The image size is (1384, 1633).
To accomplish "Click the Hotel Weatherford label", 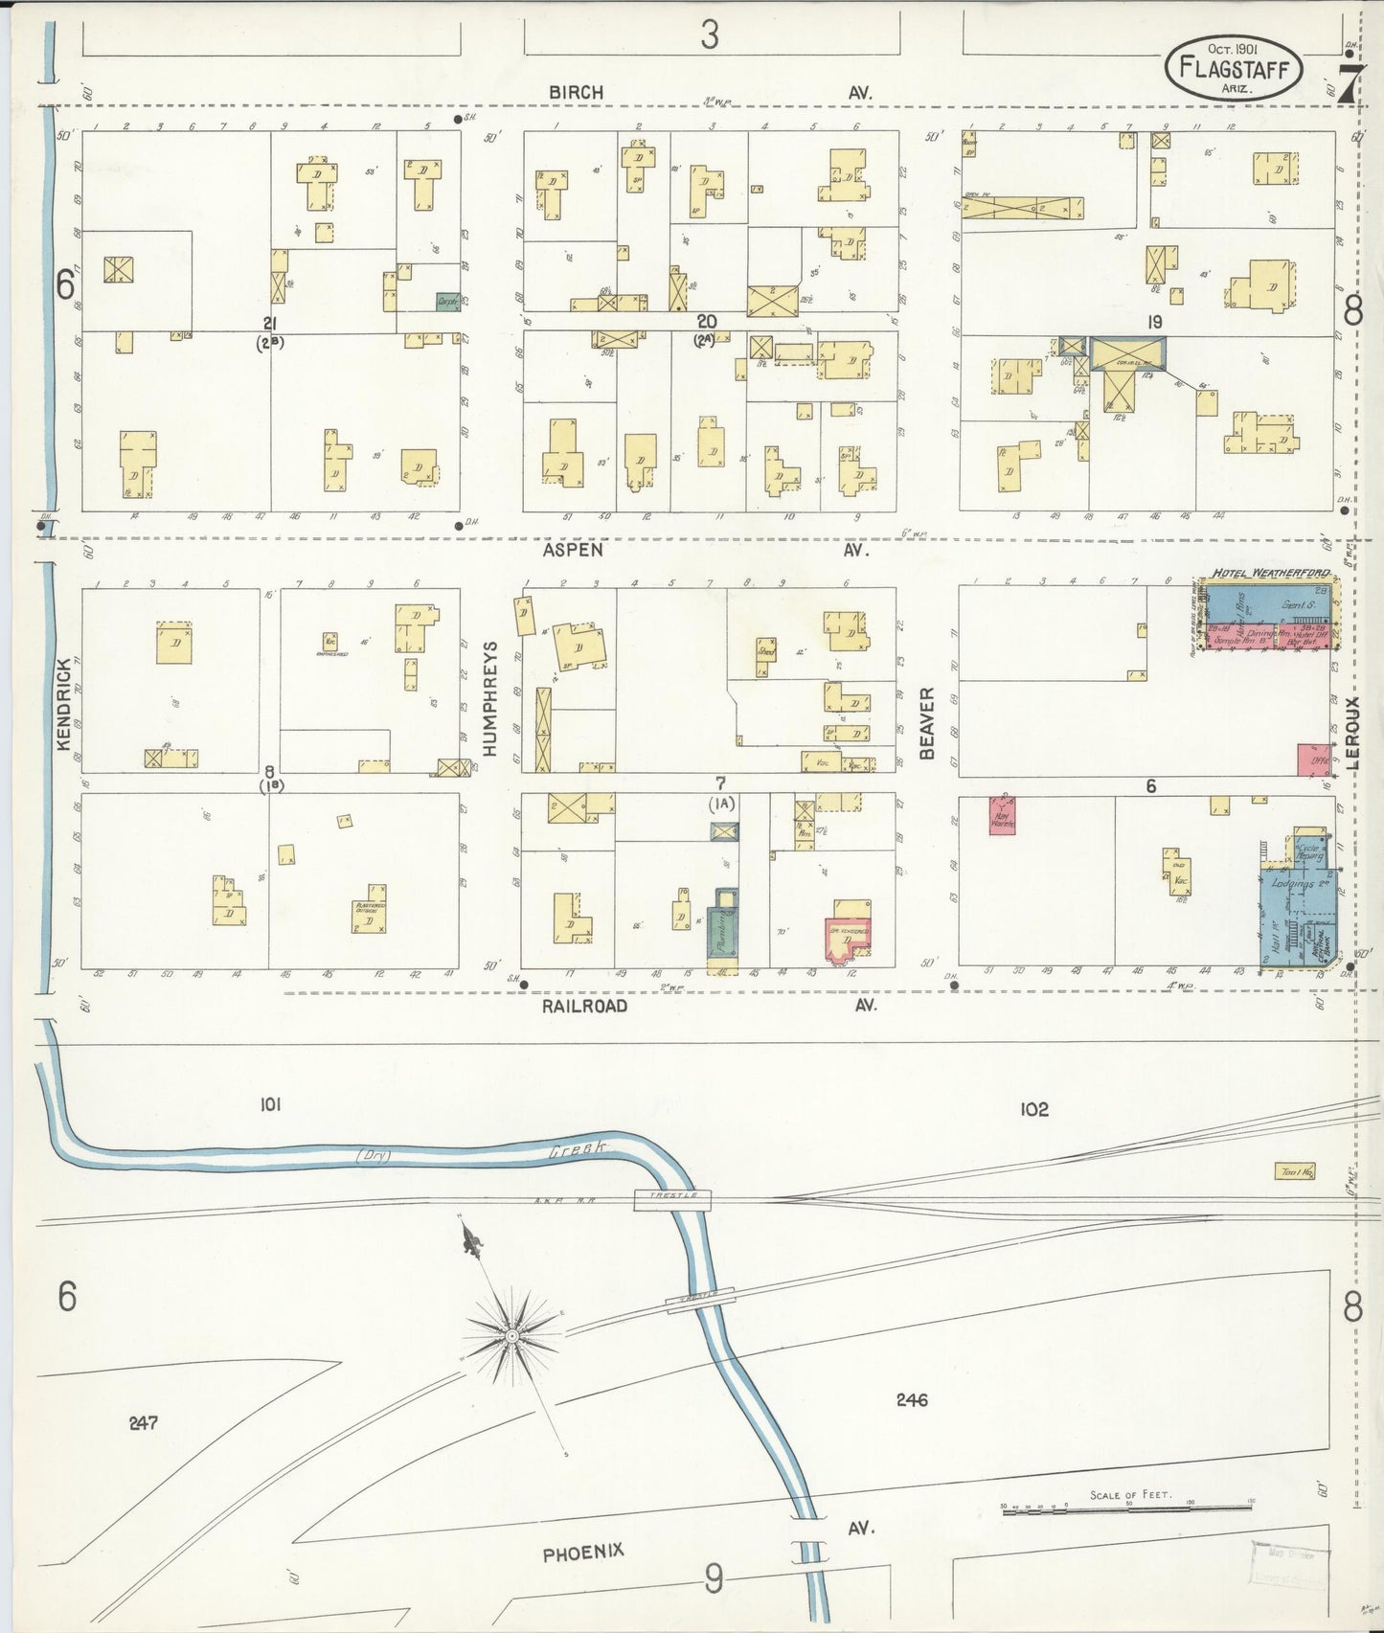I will coord(1270,574).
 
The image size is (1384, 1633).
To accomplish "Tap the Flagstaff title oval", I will coord(1234,68).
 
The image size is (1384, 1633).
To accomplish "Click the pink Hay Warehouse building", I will coord(1002,814).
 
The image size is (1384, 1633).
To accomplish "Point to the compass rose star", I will coord(512,1335).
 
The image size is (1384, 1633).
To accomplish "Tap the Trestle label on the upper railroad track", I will coord(672,1197).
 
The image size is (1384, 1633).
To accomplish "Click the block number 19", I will coord(1154,323).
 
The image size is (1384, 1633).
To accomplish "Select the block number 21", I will coord(271,323).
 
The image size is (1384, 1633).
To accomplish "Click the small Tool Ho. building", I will coord(1294,1170).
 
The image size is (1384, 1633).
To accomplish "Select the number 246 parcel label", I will coord(911,1400).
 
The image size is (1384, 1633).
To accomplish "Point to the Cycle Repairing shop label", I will coord(1308,852).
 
